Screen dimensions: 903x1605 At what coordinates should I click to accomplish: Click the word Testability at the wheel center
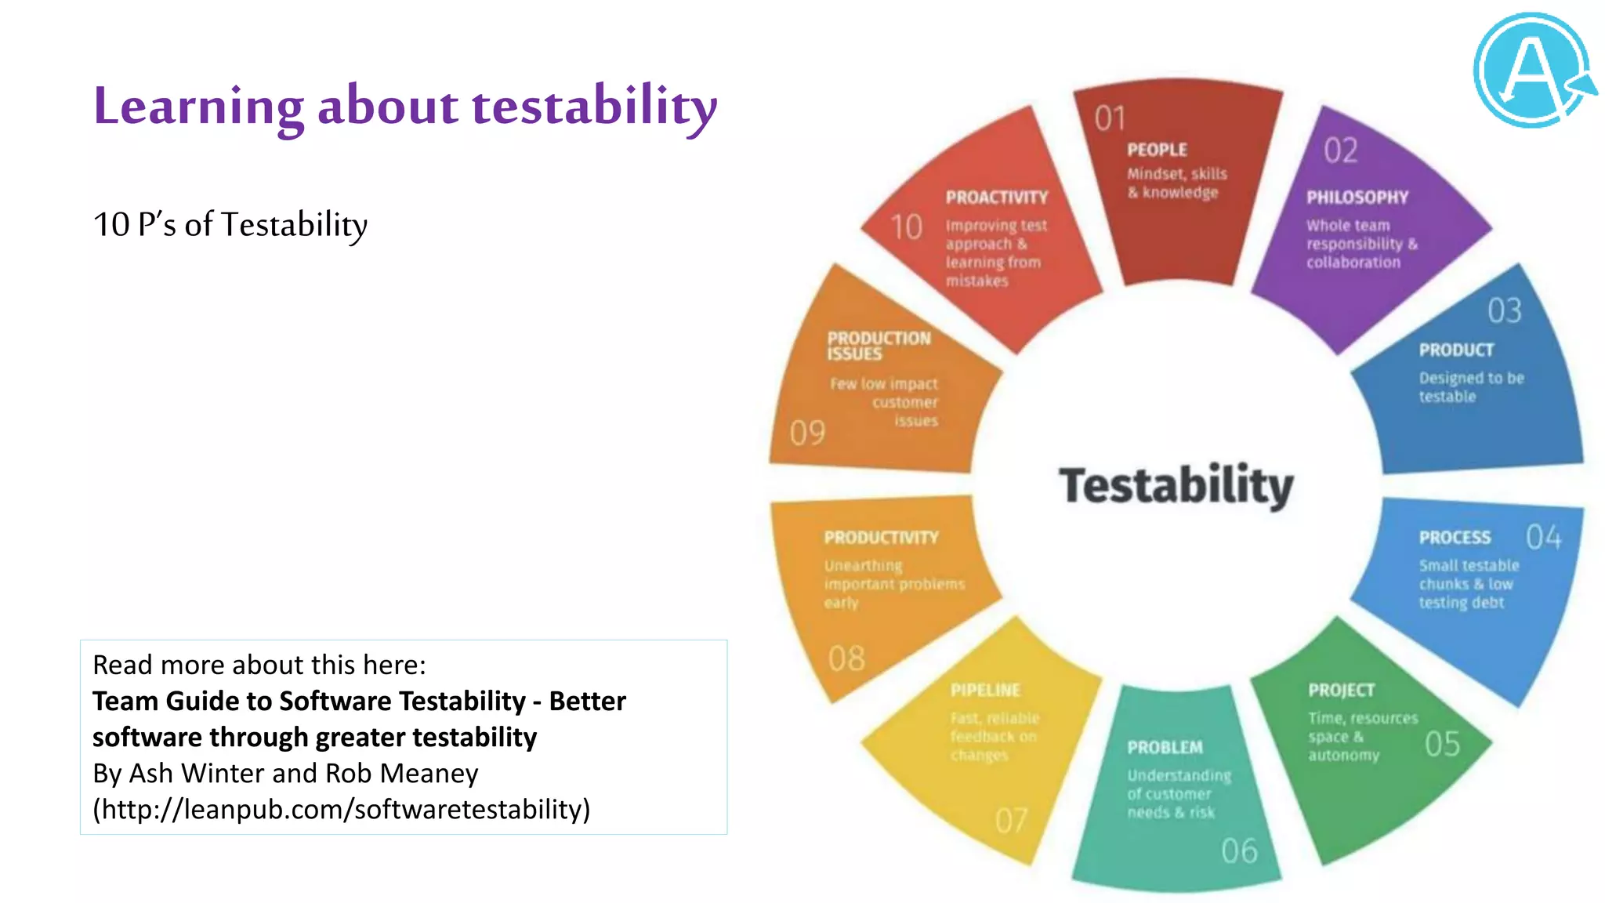coord(1176,485)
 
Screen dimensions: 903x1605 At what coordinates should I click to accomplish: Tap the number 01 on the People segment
coord(1110,118)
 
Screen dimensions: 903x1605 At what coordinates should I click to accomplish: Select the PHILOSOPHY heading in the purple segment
coord(1357,198)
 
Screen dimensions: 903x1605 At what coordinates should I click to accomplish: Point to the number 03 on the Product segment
coord(1504,311)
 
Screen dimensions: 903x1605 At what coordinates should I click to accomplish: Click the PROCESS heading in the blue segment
coord(1454,538)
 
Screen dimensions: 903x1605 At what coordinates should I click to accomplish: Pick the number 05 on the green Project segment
coord(1442,744)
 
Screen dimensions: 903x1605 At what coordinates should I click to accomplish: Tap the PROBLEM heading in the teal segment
coord(1165,748)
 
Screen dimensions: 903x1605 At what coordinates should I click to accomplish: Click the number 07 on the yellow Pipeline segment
coord(1011,821)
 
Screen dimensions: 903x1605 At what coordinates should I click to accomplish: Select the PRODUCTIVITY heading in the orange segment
coord(881,538)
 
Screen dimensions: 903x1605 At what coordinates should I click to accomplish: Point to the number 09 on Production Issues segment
coord(807,433)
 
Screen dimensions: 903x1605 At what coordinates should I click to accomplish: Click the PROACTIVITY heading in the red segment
coord(996,198)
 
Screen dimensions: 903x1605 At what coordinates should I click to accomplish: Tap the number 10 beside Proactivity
coord(906,228)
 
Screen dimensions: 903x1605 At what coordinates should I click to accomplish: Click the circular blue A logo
coord(1532,71)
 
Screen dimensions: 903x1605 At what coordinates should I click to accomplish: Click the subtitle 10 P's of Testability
coord(230,225)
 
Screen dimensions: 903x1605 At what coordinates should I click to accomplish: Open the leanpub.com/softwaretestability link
coord(342,809)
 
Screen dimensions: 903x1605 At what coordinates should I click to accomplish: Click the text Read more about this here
coord(259,665)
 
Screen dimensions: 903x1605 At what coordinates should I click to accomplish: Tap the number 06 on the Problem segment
coord(1238,851)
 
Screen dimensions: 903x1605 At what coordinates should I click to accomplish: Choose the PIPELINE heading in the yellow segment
coord(985,691)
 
